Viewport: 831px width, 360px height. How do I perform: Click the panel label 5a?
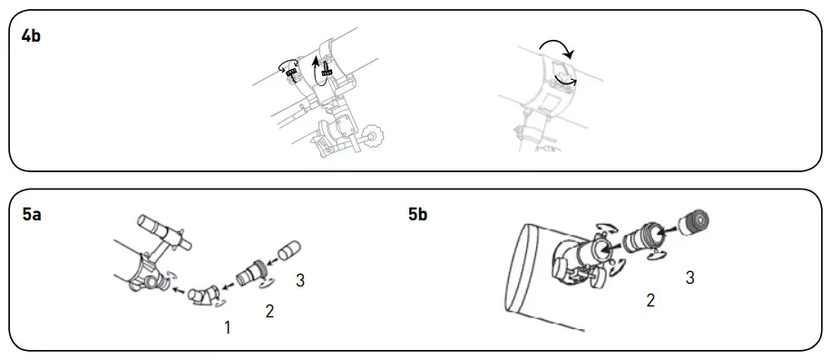coord(32,215)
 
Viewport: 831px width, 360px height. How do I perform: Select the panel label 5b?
coord(419,215)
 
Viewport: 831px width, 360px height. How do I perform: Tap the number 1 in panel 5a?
coord(227,327)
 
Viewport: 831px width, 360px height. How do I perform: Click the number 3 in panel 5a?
coord(299,281)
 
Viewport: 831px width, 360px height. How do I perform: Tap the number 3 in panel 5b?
coord(689,277)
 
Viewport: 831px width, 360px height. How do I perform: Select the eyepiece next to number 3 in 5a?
coord(289,249)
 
